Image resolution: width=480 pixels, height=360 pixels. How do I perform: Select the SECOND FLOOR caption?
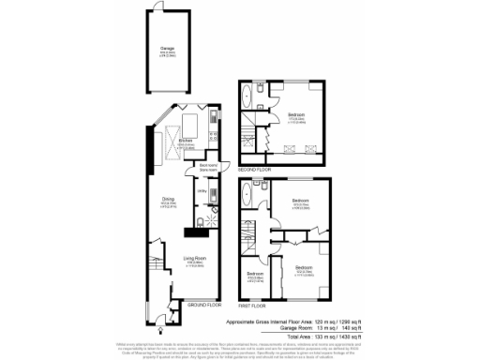pos(254,169)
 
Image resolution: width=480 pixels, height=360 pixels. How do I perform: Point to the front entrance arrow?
pos(161,328)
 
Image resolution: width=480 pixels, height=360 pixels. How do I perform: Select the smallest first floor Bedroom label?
pos(254,277)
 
